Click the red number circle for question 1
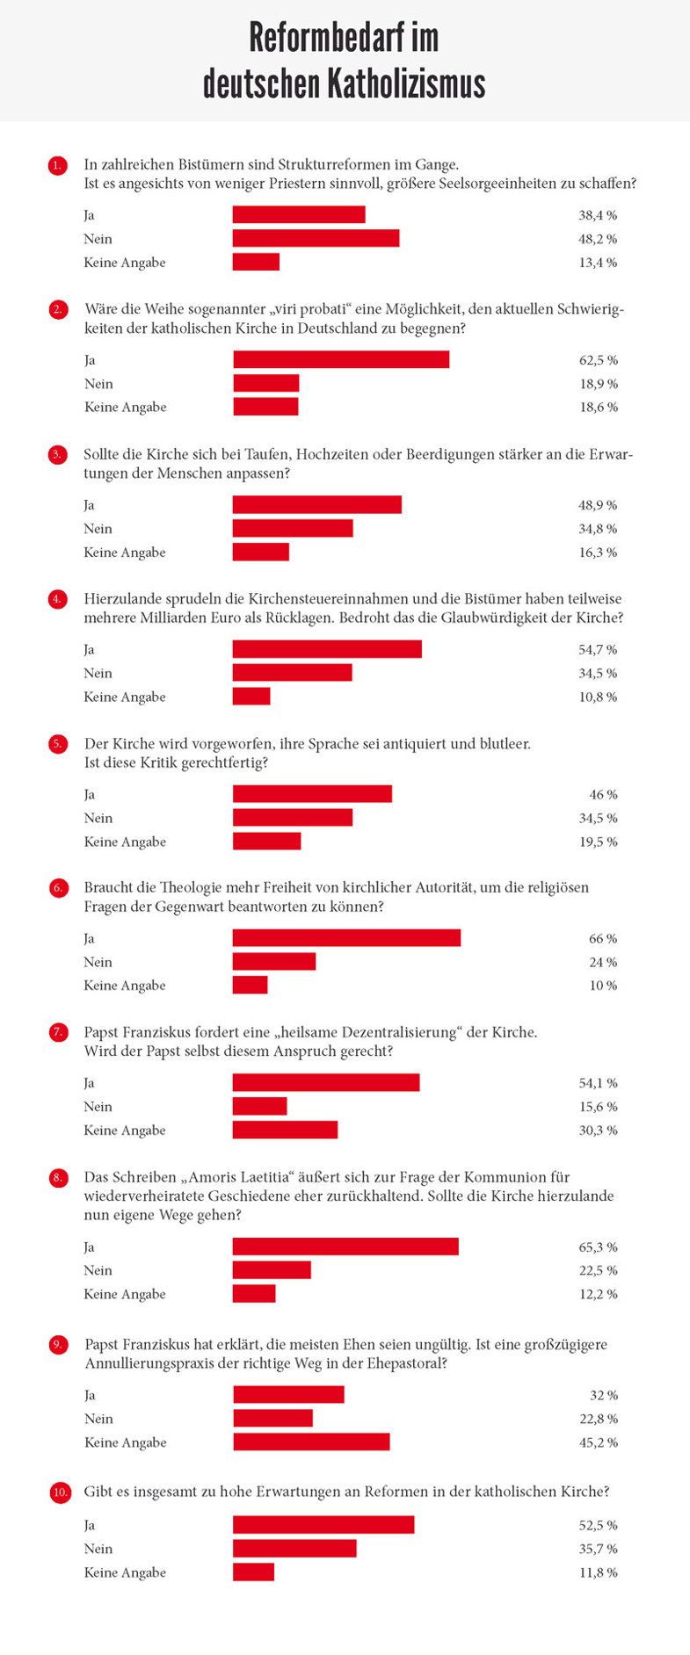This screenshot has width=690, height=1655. (x=58, y=165)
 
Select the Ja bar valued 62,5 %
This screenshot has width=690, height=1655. (x=341, y=360)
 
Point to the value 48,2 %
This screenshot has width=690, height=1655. (x=598, y=239)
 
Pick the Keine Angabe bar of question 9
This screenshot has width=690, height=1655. (x=311, y=1442)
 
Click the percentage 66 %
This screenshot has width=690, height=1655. (x=603, y=939)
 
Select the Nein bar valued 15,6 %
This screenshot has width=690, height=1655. (x=259, y=1107)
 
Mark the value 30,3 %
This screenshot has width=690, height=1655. (x=598, y=1131)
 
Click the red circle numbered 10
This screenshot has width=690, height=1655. (x=60, y=1492)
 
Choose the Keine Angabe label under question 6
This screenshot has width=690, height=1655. (x=125, y=986)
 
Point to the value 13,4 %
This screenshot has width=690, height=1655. (x=598, y=263)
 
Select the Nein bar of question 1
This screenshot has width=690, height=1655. (x=316, y=239)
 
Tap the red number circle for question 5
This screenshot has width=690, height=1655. (x=58, y=744)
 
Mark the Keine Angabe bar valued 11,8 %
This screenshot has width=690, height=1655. (x=253, y=1572)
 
